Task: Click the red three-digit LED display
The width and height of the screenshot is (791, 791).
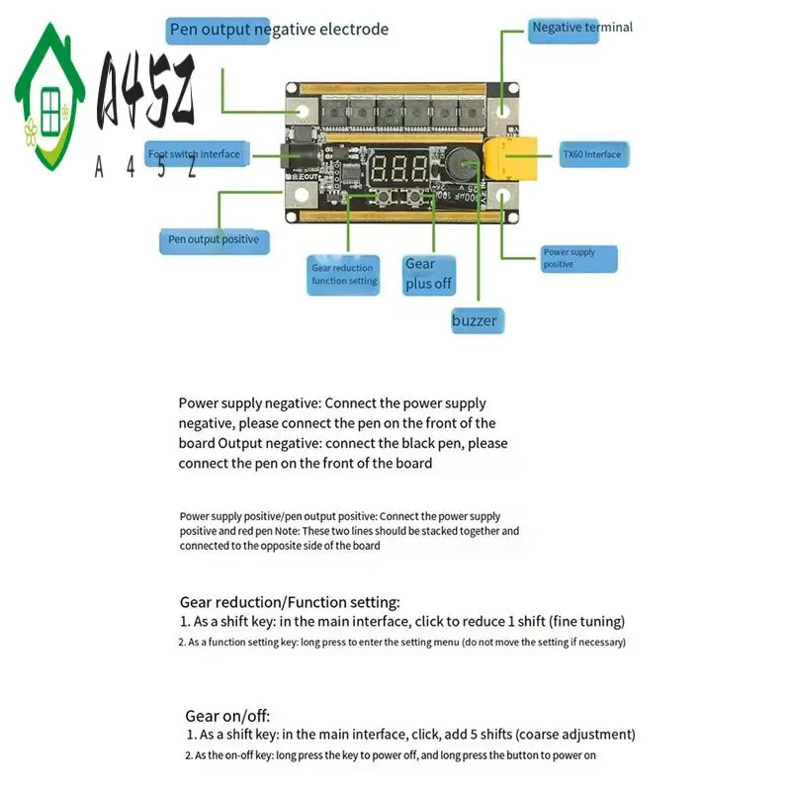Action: pos(394,169)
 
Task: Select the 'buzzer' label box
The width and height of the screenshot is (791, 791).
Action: pos(476,319)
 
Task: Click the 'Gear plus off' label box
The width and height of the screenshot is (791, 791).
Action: pos(428,273)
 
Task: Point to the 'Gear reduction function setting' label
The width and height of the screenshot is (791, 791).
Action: pos(344,274)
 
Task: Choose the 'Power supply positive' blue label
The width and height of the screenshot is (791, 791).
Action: pos(578,258)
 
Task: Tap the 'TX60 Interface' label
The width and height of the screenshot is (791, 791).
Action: pos(591,154)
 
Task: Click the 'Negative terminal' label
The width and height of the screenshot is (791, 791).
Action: pos(581,28)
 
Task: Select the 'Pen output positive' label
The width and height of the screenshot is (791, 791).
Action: pos(214,239)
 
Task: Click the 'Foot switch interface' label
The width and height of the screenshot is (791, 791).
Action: pos(195,154)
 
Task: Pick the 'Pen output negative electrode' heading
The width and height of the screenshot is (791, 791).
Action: pos(279,30)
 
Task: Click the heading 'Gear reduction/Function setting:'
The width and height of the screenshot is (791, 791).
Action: pos(290,601)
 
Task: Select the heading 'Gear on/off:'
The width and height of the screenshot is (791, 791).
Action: pos(227,716)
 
